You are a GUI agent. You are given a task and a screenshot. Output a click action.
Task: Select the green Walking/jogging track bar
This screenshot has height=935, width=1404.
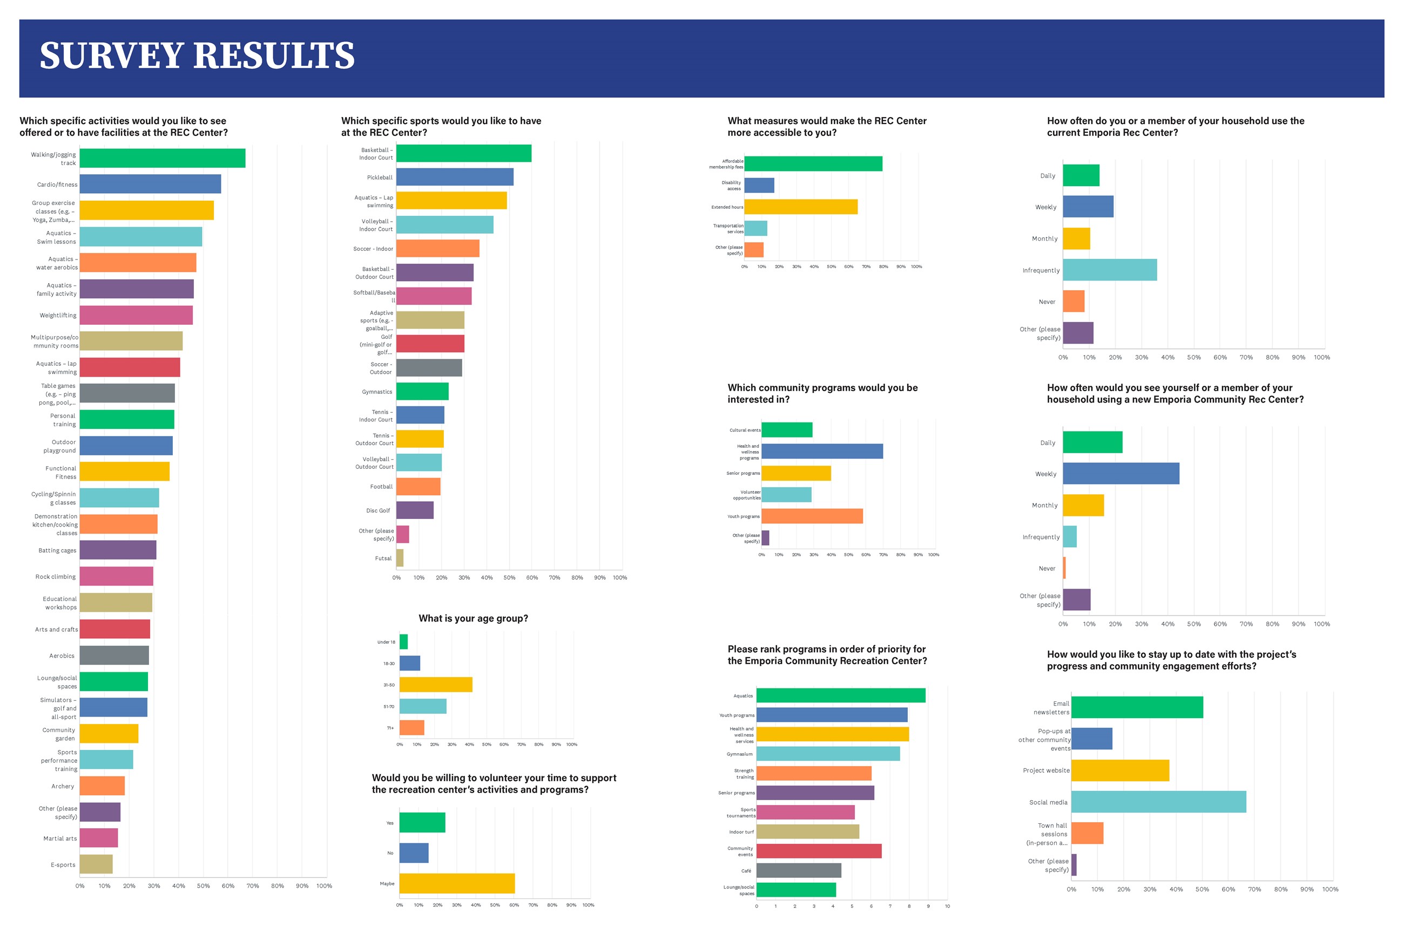point(163,159)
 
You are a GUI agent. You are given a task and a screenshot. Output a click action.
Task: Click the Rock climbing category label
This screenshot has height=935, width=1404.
point(56,577)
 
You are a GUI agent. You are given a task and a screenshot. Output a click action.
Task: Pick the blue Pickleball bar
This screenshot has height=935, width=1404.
point(455,177)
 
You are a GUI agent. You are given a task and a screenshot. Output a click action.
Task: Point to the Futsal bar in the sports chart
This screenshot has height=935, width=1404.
point(400,558)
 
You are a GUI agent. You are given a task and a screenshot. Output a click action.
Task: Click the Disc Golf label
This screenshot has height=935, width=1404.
point(377,511)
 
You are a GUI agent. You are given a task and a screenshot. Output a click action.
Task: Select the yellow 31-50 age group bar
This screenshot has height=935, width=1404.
point(436,685)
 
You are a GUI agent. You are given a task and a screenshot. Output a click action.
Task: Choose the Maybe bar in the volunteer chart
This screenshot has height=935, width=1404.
point(456,884)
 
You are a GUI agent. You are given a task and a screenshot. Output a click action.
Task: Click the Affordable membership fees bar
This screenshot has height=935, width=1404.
point(813,164)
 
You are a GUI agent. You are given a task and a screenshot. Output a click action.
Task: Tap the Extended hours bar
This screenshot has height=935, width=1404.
point(801,207)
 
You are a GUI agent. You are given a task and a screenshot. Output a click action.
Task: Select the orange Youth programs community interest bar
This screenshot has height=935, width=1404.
point(812,516)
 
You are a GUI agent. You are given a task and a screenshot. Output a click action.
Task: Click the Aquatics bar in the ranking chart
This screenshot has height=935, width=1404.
point(841,696)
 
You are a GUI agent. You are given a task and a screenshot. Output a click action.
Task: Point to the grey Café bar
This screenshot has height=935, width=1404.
point(798,871)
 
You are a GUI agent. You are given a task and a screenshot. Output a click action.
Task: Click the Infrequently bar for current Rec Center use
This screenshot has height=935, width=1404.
point(1109,270)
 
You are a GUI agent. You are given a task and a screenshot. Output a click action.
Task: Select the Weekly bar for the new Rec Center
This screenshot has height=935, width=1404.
point(1120,474)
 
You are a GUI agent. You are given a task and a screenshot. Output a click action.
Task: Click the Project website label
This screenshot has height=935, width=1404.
point(1046,771)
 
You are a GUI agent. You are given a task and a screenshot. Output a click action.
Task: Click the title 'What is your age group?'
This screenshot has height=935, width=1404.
point(473,619)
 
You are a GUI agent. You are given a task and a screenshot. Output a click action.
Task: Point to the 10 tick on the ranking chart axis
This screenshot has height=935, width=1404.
point(947,906)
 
